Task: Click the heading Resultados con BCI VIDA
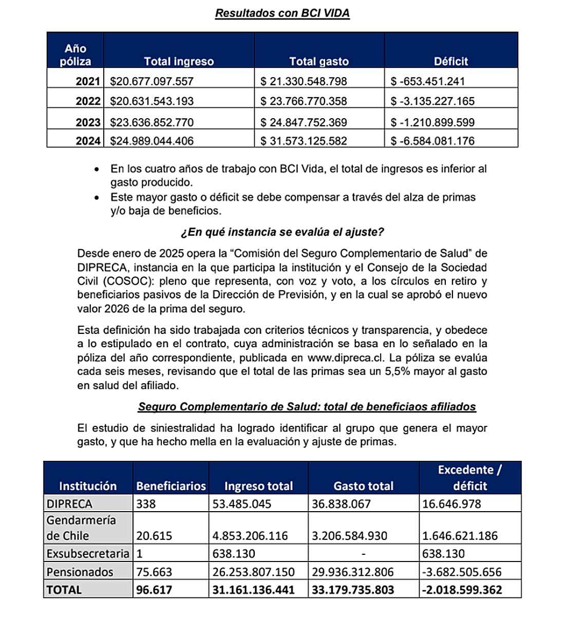click(x=282, y=13)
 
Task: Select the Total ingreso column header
click(x=179, y=62)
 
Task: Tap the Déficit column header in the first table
click(x=450, y=62)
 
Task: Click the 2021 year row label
click(x=88, y=81)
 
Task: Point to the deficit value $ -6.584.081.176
click(x=432, y=141)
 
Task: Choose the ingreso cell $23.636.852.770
click(x=152, y=122)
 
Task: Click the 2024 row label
click(x=88, y=141)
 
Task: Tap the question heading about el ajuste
click(x=282, y=232)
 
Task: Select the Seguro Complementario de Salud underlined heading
click(x=307, y=407)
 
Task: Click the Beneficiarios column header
click(x=171, y=486)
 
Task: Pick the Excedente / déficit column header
click(x=470, y=478)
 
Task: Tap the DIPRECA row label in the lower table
click(x=70, y=504)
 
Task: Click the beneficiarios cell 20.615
click(x=154, y=536)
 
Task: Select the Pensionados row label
click(x=80, y=572)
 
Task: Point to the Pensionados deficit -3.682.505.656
click(x=462, y=572)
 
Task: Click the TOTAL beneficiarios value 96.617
click(x=154, y=590)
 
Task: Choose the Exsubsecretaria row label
click(x=88, y=554)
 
